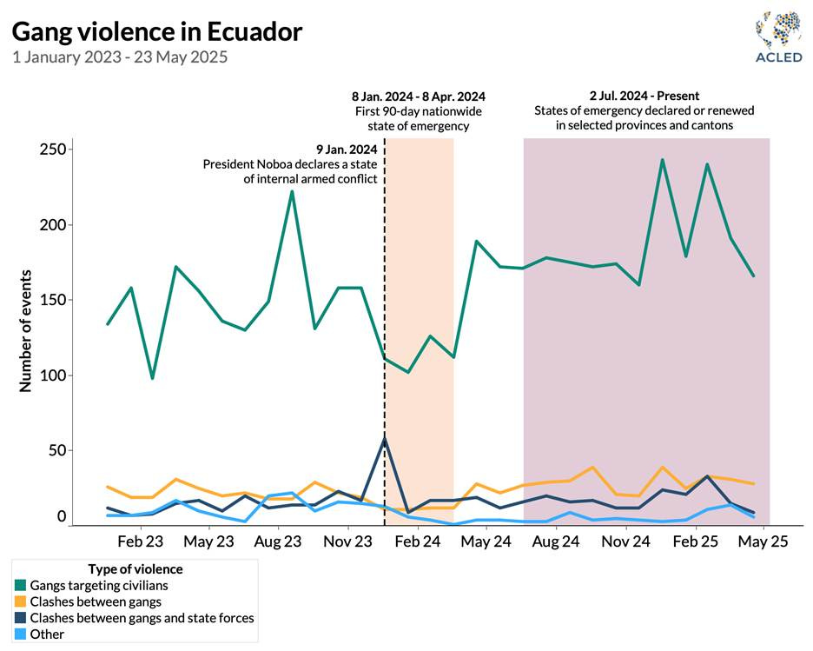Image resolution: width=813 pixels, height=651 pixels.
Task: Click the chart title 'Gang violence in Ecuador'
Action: point(156,32)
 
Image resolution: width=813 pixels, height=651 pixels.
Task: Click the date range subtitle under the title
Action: point(120,57)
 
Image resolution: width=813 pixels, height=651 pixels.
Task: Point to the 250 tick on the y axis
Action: point(53,149)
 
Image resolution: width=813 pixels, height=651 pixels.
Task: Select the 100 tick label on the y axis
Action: point(53,375)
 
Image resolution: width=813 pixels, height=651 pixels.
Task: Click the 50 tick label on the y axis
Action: point(56,451)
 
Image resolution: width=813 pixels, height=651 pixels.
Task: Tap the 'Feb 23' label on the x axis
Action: point(141,541)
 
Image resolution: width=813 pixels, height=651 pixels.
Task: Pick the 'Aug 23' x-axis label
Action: point(279,541)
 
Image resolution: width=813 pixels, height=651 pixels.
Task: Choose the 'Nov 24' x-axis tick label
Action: point(625,541)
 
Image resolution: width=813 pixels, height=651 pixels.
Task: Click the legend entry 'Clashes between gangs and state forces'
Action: point(142,618)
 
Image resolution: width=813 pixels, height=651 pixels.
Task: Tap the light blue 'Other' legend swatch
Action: point(20,634)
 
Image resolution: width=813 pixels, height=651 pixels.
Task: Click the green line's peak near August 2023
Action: point(292,191)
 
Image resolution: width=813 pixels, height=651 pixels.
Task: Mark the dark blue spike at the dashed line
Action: point(385,438)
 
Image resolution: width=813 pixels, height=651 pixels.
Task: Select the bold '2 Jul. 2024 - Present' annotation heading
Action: point(644,96)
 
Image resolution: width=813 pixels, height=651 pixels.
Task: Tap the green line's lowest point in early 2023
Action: point(153,378)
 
